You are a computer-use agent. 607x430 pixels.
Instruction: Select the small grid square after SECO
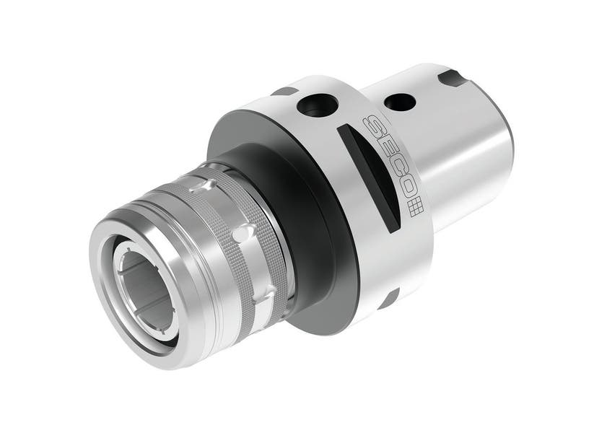pyautogui.click(x=414, y=209)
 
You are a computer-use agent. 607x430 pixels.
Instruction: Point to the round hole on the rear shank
pyautogui.click(x=399, y=102)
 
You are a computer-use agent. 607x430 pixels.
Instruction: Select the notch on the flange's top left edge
pyautogui.click(x=282, y=92)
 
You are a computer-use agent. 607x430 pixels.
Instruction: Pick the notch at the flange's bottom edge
pyautogui.click(x=389, y=297)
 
